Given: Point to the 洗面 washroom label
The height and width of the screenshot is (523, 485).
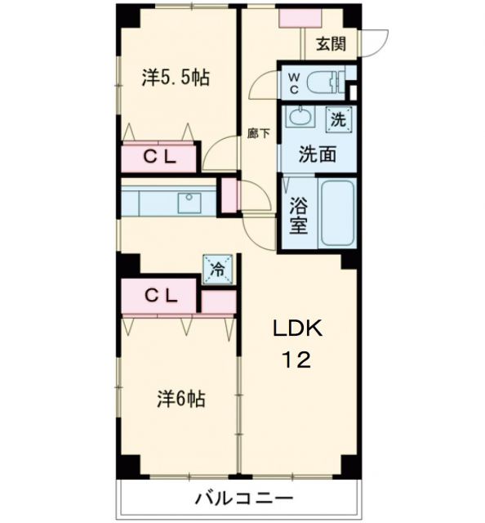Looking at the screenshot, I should click(315, 152).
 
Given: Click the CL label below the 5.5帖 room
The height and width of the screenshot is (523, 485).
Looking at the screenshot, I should click(160, 158).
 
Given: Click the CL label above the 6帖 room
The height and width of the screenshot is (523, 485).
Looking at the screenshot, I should click(160, 296).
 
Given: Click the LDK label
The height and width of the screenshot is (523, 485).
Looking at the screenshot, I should click(298, 329).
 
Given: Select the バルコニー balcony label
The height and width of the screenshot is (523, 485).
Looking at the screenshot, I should click(243, 498).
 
